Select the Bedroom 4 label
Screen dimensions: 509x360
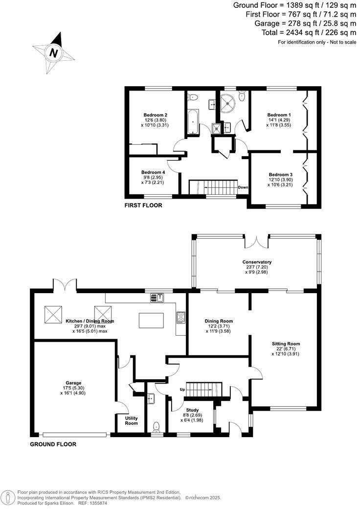(x=153, y=172)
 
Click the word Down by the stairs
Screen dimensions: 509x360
(x=243, y=187)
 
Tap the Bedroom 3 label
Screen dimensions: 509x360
(x=281, y=175)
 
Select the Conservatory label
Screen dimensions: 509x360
(x=257, y=262)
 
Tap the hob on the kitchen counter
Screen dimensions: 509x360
(x=180, y=318)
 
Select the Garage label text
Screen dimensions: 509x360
(x=73, y=383)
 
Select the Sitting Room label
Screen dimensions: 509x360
(x=286, y=344)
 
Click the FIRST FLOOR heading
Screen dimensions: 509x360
(x=143, y=206)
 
